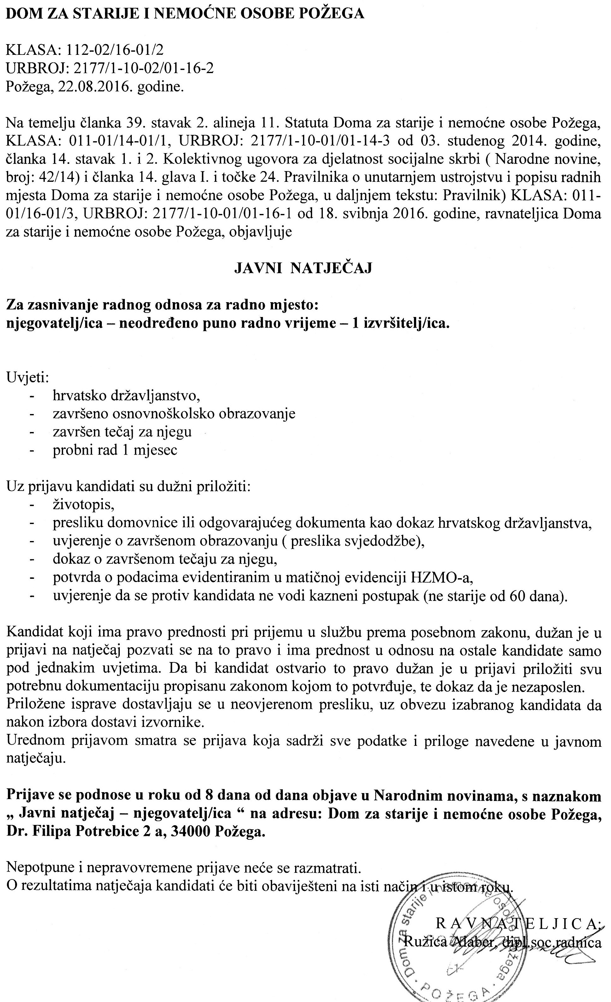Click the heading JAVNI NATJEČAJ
coord(303,268)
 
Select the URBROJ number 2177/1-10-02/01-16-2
coord(143,68)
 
